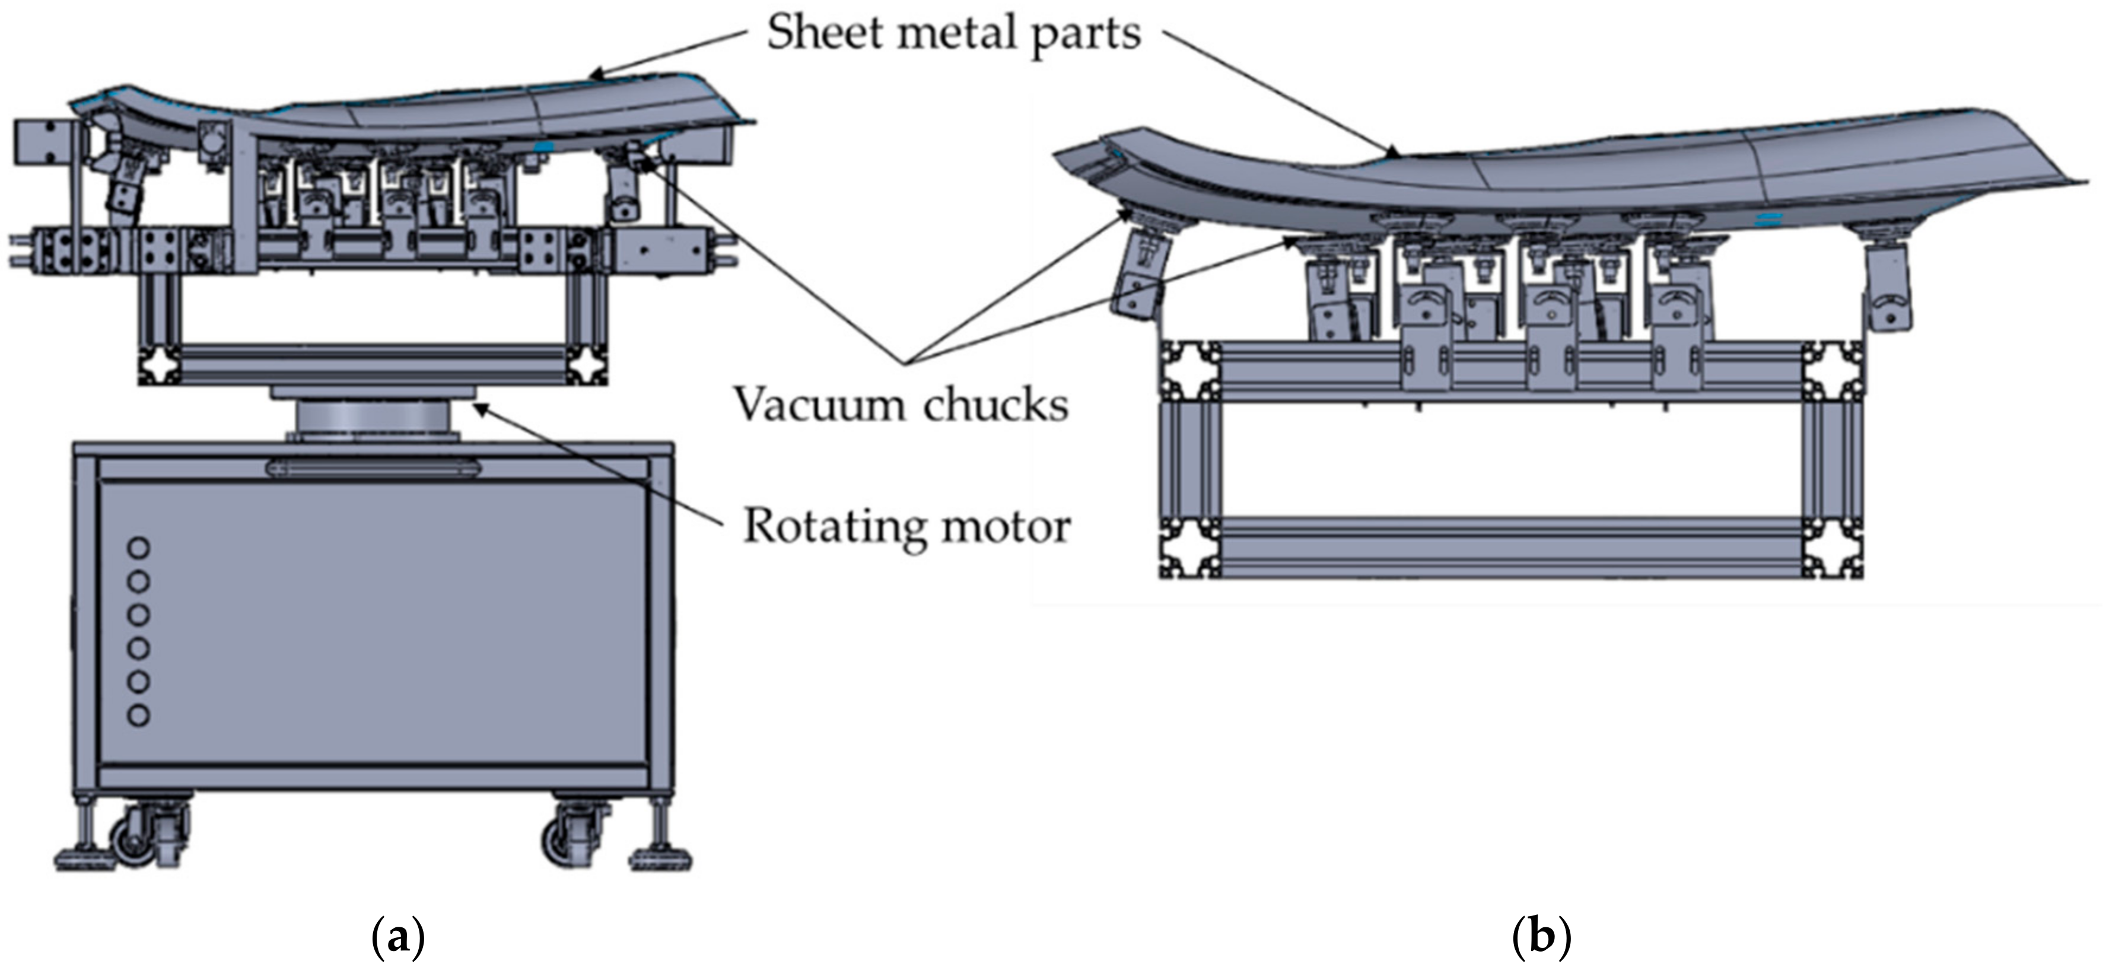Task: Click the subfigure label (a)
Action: pyautogui.click(x=398, y=937)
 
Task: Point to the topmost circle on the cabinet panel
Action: pyautogui.click(x=138, y=547)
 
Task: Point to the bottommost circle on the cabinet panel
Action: pyautogui.click(x=138, y=716)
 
